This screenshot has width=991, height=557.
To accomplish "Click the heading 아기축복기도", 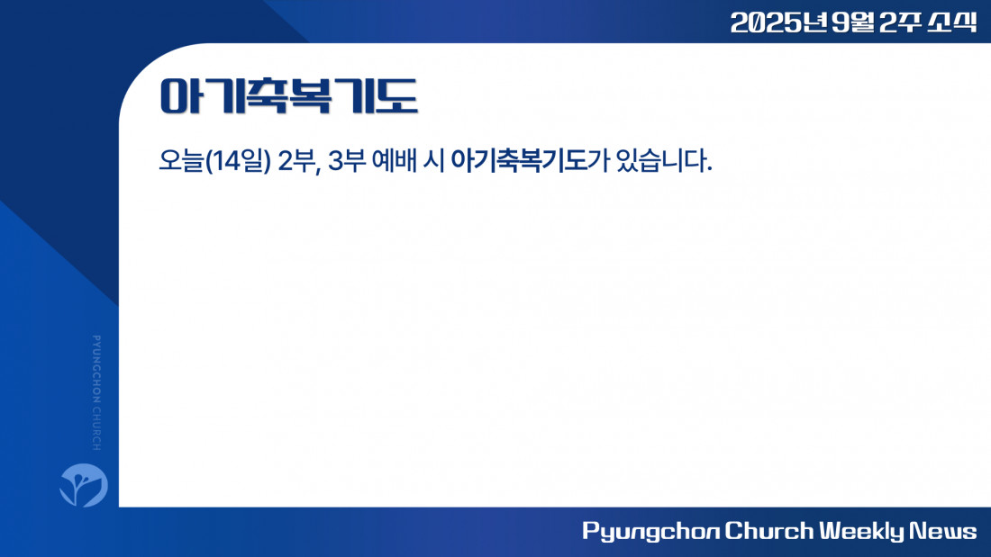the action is [x=289, y=96].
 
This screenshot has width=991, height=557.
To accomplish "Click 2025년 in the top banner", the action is [x=778, y=22].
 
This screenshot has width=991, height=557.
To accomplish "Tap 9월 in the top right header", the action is [x=853, y=22].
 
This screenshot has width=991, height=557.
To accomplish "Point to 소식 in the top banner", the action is [x=952, y=22].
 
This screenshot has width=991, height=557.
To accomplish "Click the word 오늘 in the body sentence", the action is [x=181, y=161].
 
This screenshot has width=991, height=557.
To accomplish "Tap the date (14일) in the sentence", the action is [x=238, y=161].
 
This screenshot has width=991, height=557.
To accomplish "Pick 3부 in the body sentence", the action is [x=347, y=161].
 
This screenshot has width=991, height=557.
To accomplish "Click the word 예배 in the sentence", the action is [x=395, y=161].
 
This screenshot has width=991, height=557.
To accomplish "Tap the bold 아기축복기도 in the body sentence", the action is [x=518, y=161].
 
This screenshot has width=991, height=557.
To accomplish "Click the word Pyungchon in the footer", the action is [x=650, y=531].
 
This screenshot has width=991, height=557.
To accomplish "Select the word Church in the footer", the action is [x=769, y=531].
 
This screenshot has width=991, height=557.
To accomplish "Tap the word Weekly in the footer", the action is [x=862, y=531].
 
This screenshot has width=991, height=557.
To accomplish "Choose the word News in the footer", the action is [x=943, y=531].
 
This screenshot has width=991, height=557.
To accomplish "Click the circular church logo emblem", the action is [x=84, y=485].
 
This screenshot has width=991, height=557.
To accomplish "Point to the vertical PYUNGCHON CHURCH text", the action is [x=96, y=393].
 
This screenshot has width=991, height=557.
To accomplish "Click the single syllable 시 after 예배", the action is [x=433, y=161].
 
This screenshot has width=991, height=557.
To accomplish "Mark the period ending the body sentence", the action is [x=709, y=169].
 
